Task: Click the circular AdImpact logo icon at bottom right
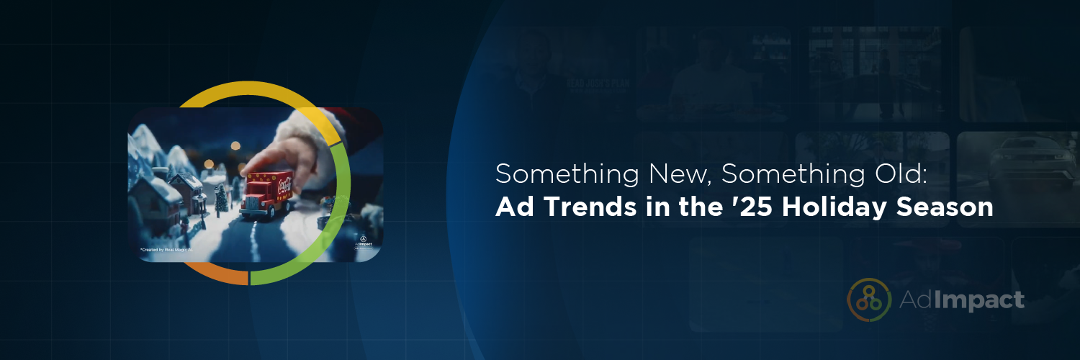click(x=870, y=299)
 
